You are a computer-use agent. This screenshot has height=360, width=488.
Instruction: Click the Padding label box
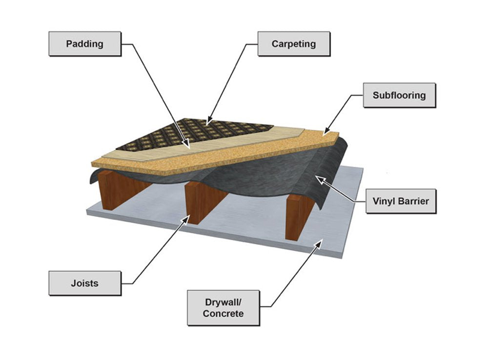(x=84, y=44)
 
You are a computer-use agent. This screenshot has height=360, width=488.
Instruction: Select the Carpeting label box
(x=293, y=44)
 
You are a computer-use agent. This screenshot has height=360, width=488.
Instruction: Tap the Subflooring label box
(x=399, y=95)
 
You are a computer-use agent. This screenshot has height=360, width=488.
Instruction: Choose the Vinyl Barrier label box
(x=401, y=200)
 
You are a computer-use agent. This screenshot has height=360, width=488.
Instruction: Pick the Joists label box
(x=84, y=283)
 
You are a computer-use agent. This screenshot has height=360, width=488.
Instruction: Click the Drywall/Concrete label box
(x=223, y=307)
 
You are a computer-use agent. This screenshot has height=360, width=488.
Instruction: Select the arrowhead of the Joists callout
(x=188, y=219)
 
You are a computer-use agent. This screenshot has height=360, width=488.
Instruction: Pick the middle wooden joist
(x=200, y=202)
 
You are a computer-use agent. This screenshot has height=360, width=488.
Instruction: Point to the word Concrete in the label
(x=223, y=313)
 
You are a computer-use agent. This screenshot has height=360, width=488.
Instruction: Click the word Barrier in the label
(x=412, y=200)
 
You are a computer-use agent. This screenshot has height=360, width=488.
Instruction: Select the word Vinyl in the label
(x=384, y=200)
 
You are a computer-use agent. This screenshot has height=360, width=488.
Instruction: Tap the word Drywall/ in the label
(x=223, y=301)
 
